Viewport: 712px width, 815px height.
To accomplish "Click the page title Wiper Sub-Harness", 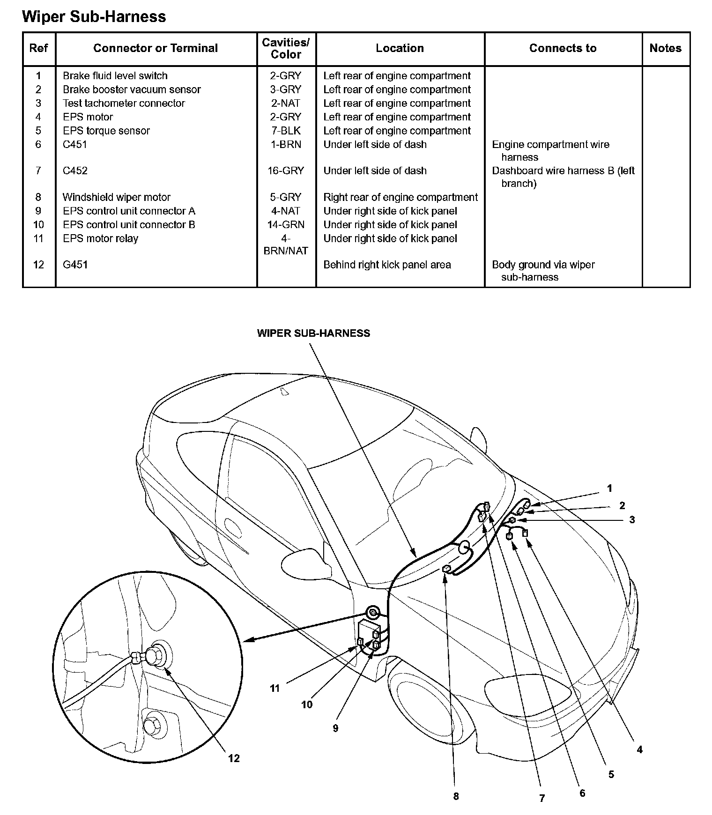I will tap(94, 17).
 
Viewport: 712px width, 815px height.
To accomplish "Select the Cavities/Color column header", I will tap(286, 48).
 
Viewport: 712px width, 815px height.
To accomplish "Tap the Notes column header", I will tap(665, 48).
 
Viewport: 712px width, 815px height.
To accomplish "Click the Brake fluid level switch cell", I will tap(115, 76).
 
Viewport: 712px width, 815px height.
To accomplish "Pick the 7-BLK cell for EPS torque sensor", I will tap(286, 131).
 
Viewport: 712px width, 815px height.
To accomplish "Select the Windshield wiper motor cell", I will tap(116, 197).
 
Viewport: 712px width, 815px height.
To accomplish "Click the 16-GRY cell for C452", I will tap(286, 170).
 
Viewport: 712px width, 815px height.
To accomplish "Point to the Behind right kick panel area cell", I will tap(387, 265).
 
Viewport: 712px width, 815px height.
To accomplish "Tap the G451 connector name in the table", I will tap(75, 265).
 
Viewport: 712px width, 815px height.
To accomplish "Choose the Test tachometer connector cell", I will tap(124, 103).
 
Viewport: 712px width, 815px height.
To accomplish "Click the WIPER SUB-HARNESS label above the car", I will tap(313, 333).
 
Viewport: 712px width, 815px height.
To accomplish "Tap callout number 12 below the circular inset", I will tap(234, 758).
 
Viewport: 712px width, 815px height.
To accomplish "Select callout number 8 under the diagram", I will tap(456, 796).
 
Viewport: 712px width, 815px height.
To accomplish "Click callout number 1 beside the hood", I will tap(609, 489).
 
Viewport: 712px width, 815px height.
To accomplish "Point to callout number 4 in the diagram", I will tap(639, 749).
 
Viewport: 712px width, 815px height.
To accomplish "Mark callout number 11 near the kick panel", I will tap(274, 689).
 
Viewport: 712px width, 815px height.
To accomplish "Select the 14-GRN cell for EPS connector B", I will tap(286, 225).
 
